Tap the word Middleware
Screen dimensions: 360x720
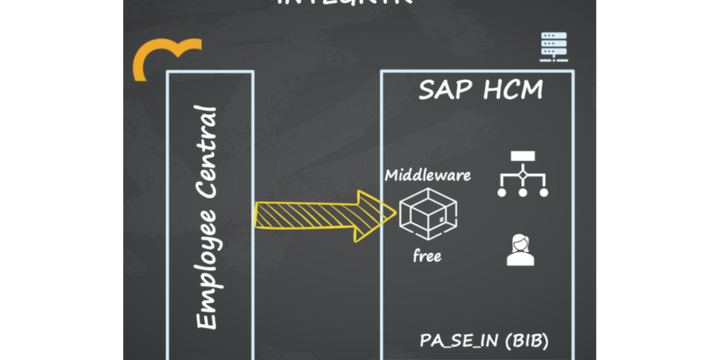428,176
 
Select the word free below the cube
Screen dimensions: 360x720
427,256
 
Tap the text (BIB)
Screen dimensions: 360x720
526,340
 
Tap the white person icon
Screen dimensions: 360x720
520,250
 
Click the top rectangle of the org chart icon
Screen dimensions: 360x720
523,157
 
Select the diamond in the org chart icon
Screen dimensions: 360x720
523,175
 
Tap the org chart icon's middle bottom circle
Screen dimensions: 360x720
523,193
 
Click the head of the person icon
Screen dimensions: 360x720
520,244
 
